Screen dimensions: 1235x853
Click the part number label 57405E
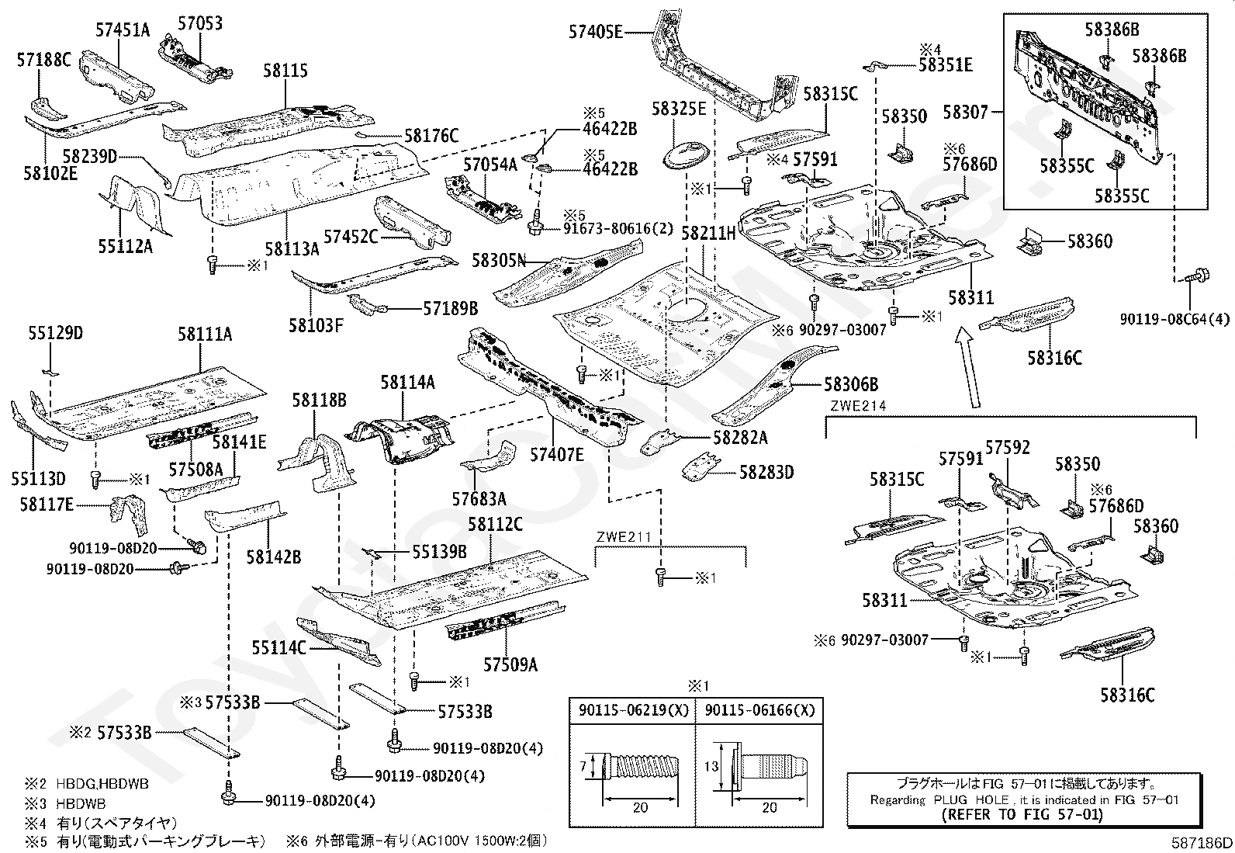[596, 33]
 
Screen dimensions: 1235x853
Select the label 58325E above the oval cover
[679, 109]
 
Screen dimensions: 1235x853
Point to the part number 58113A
[292, 249]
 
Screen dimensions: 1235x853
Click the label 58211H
[708, 234]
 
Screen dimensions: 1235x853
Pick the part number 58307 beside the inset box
[965, 112]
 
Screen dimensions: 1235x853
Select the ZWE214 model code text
[858, 406]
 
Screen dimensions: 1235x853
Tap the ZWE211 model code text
[624, 537]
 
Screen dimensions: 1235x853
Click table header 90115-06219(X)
[634, 710]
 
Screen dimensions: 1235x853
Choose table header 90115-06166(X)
[759, 710]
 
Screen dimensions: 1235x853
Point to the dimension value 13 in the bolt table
[711, 766]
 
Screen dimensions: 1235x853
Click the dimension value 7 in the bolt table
[583, 766]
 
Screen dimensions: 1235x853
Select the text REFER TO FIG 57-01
[1022, 814]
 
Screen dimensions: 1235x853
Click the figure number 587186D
[1202, 842]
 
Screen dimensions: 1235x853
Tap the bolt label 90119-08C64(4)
[1174, 319]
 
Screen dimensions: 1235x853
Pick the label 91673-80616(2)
[618, 228]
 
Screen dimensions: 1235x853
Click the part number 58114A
[407, 382]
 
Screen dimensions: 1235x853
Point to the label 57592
[1007, 447]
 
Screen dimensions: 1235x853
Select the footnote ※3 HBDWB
[65, 803]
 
